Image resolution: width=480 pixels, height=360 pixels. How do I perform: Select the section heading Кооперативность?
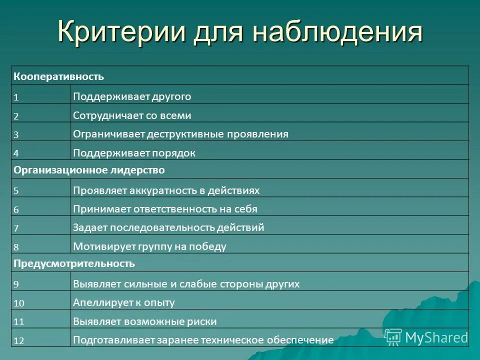pos(58,76)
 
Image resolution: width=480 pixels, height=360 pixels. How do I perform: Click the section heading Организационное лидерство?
pos(89,170)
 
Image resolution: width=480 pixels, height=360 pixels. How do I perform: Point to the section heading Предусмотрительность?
pos(74,263)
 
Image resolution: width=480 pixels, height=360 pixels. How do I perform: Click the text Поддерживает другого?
pos(132,96)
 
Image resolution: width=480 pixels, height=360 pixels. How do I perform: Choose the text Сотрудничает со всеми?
pos(132,115)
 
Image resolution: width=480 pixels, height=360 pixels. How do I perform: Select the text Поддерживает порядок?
pos(134,153)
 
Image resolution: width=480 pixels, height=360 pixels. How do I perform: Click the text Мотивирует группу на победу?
pos(149,246)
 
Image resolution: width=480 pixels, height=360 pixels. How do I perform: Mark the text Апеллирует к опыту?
pos(123,302)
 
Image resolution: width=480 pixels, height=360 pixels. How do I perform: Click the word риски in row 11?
pos(202,321)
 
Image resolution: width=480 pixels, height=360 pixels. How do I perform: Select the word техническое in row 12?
pos(229,340)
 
